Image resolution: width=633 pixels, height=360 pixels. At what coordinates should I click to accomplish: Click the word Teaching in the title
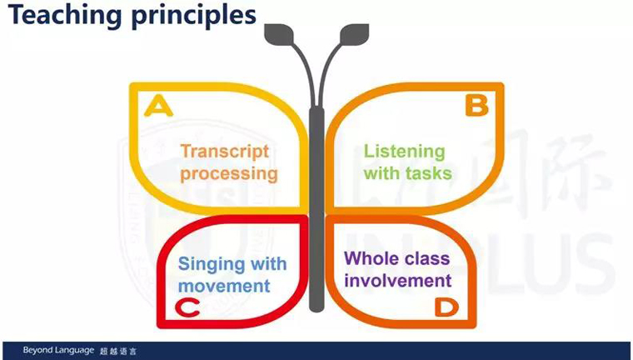pyautogui.click(x=65, y=15)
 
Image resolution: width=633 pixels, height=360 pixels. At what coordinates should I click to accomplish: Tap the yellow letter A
pyautogui.click(x=158, y=107)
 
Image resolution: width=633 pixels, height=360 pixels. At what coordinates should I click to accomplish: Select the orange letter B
pyautogui.click(x=476, y=106)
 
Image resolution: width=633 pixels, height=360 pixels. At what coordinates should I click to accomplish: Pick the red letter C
pyautogui.click(x=187, y=307)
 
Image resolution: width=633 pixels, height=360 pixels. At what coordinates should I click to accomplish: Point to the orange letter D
pyautogui.click(x=446, y=307)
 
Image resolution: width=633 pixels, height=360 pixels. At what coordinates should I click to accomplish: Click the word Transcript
pyautogui.click(x=224, y=152)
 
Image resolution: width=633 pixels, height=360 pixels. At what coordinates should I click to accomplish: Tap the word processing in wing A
pyautogui.click(x=229, y=174)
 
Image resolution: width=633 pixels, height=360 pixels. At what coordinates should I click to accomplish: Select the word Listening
pyautogui.click(x=405, y=152)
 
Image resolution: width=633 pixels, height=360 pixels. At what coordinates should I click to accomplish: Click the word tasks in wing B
pyautogui.click(x=429, y=173)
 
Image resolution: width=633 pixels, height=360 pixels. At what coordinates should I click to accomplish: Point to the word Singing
pyautogui.click(x=212, y=265)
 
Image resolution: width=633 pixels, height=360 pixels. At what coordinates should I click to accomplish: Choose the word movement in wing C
pyautogui.click(x=224, y=286)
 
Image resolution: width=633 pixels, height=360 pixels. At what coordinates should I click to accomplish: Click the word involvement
pyautogui.click(x=397, y=280)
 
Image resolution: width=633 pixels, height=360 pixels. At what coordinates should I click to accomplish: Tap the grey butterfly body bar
pyautogui.click(x=316, y=209)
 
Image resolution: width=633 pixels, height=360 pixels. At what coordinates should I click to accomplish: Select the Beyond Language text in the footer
pyautogui.click(x=58, y=350)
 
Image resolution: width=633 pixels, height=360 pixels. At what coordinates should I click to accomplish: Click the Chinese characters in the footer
pyautogui.click(x=118, y=352)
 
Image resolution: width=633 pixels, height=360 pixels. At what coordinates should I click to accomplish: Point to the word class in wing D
pyautogui.click(x=429, y=258)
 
